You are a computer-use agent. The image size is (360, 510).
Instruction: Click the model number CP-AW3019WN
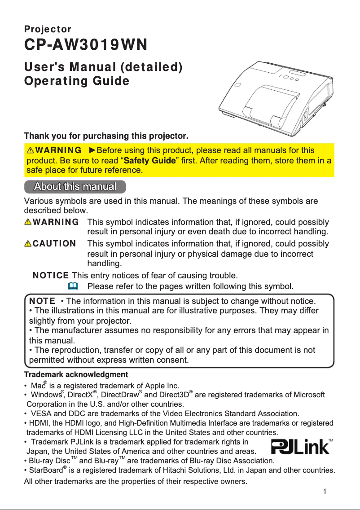pyautogui.click(x=85, y=46)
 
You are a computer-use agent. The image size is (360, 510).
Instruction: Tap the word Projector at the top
pyautogui.click(x=47, y=30)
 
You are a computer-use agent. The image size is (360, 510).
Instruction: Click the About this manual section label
pyautogui.click(x=75, y=186)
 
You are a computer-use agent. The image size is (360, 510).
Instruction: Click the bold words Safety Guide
pyautogui.click(x=149, y=160)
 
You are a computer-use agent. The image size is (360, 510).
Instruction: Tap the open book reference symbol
pyautogui.click(x=73, y=286)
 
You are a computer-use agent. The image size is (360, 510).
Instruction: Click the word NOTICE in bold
pyautogui.click(x=51, y=275)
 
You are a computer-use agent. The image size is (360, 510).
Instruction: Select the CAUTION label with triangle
pyautogui.click(x=50, y=244)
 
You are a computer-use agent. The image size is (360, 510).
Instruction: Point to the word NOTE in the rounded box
pyautogui.click(x=42, y=301)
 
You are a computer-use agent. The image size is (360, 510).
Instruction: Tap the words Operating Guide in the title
pyautogui.click(x=76, y=81)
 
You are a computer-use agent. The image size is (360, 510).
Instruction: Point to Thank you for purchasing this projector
pyautogui.click(x=106, y=136)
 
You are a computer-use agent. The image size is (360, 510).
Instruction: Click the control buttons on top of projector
pyautogui.click(x=292, y=79)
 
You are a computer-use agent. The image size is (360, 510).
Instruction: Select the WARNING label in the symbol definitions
pyautogui.click(x=52, y=222)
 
